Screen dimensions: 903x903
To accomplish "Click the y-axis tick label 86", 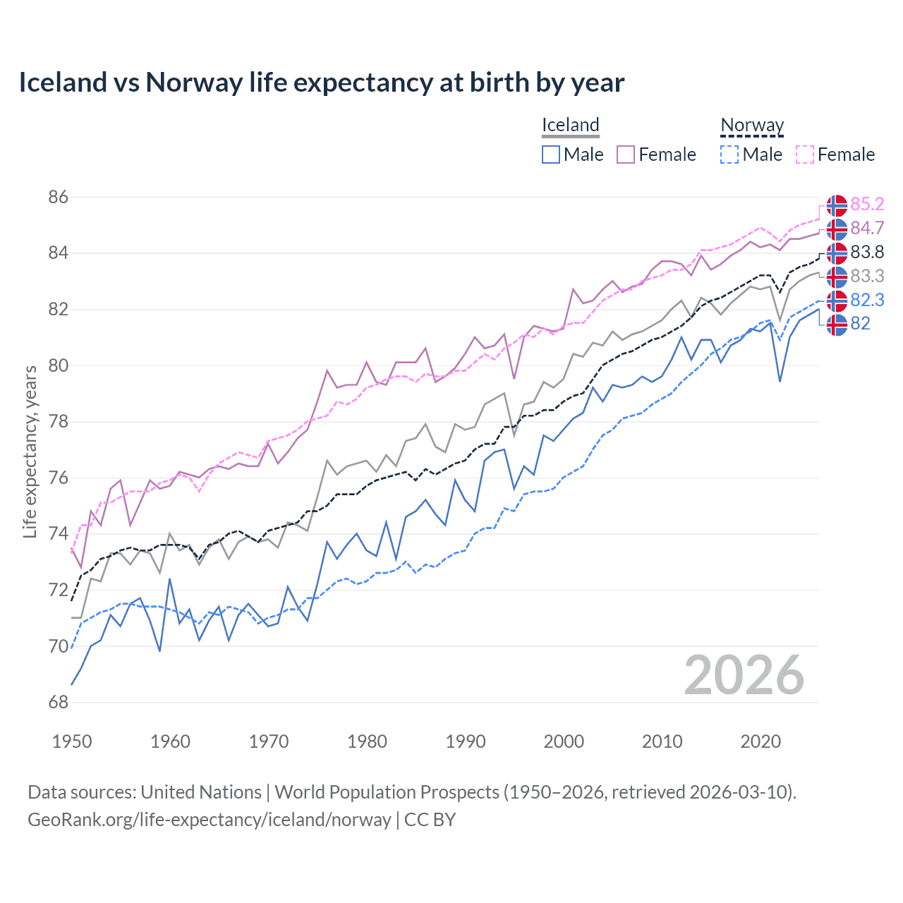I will click(x=59, y=198).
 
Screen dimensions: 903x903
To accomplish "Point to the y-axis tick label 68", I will click(x=59, y=703).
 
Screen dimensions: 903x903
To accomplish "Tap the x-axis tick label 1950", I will click(x=72, y=741).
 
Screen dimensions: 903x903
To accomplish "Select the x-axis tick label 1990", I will click(x=466, y=741).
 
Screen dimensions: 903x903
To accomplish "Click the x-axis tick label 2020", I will click(x=760, y=741).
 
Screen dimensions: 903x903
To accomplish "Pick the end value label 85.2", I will click(x=867, y=205).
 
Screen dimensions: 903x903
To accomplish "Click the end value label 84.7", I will click(x=867, y=229).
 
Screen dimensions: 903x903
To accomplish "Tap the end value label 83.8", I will click(x=867, y=253).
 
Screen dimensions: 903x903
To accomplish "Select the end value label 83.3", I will click(x=867, y=277).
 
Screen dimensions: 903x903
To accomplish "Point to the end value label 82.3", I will click(x=867, y=301).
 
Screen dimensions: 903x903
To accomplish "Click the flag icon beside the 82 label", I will click(x=837, y=325).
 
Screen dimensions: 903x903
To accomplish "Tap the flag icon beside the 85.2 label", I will click(x=837, y=205).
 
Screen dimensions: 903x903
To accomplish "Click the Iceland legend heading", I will click(x=570, y=126).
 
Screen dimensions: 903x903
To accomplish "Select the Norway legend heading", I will click(x=752, y=126).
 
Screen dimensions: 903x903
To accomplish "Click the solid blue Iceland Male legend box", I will click(x=551, y=154).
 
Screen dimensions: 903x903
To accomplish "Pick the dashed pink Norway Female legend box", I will click(x=805, y=154).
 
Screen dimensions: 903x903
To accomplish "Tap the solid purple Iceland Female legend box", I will click(x=626, y=154).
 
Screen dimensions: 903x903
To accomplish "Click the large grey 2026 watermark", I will click(x=744, y=676).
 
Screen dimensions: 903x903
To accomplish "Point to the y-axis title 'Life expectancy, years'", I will click(x=30, y=451).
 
